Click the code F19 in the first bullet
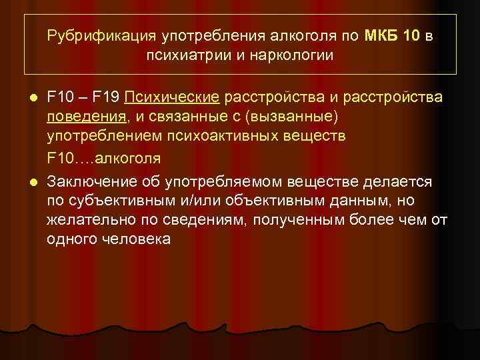pyautogui.click(x=107, y=98)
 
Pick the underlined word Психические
pyautogui.click(x=171, y=98)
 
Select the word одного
pyautogui.click(x=67, y=239)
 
